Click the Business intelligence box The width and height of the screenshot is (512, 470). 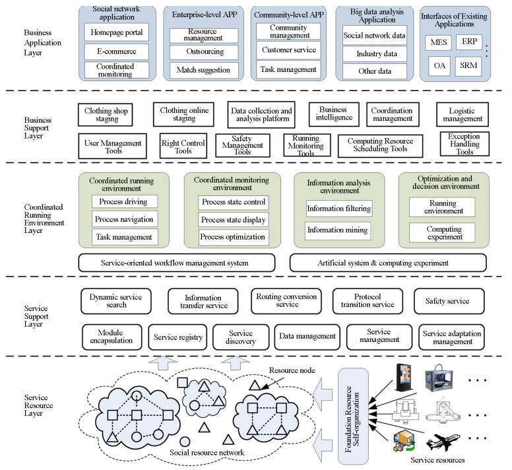pos(335,114)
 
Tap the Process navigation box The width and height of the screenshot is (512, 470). pos(124,219)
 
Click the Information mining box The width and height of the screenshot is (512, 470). pos(338,231)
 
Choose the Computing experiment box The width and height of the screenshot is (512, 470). pos(443,232)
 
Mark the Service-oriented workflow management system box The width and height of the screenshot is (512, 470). pos(177,263)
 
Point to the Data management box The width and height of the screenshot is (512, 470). pos(307,337)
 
